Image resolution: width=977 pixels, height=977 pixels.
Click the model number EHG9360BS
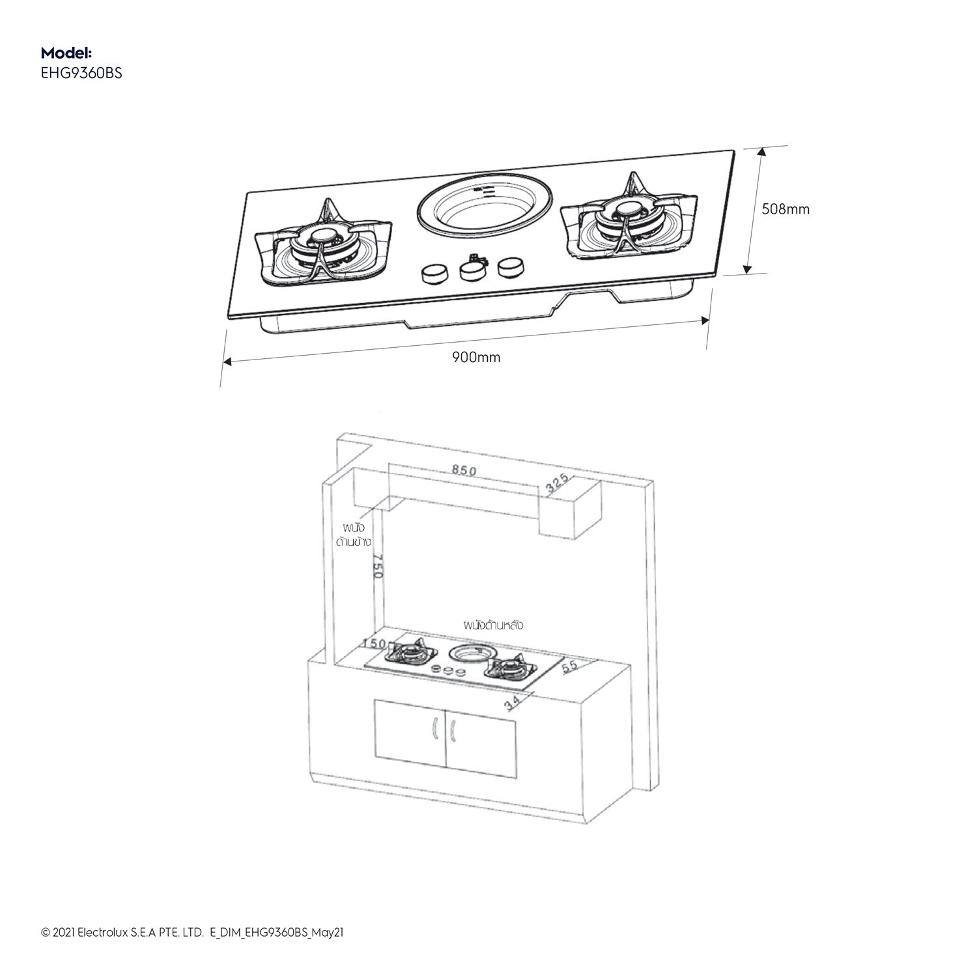(x=81, y=73)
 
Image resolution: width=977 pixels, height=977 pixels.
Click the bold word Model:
(x=66, y=53)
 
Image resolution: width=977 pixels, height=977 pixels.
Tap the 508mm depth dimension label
(x=786, y=209)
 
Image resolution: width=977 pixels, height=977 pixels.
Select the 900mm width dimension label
(x=476, y=357)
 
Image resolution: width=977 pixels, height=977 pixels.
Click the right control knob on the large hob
(x=512, y=266)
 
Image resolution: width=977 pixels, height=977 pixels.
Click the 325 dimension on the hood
(x=558, y=483)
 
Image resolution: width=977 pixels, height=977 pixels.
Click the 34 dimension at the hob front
(x=513, y=702)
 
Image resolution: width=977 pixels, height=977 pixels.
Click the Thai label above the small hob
(x=494, y=625)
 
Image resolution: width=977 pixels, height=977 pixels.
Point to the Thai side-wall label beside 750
(x=353, y=534)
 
